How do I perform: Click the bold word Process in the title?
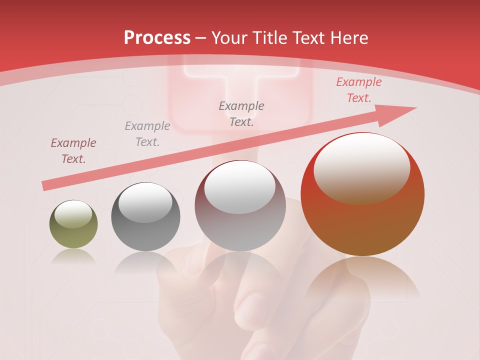click(157, 38)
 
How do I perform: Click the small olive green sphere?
click(73, 224)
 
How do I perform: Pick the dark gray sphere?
click(145, 217)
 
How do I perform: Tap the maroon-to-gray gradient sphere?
click(240, 206)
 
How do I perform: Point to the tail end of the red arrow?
click(45, 186)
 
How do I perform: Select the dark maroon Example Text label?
click(73, 151)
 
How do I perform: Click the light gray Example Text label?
click(147, 134)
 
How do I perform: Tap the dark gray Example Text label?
click(241, 113)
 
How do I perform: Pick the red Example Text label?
click(358, 90)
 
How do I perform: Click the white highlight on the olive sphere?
click(73, 214)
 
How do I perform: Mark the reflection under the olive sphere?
click(73, 256)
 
